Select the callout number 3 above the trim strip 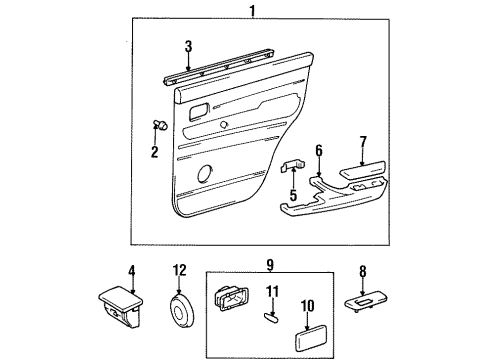[187, 46]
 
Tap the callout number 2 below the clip [155, 152]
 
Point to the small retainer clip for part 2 [157, 125]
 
